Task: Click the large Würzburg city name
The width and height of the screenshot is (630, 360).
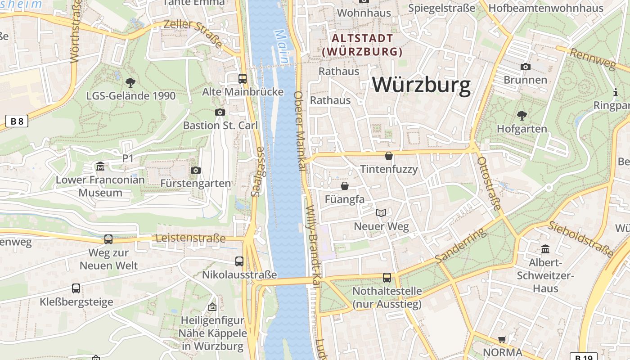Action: pyautogui.click(x=422, y=85)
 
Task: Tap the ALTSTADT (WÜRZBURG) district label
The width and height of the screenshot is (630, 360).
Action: pyautogui.click(x=362, y=45)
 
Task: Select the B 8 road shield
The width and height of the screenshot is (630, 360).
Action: pyautogui.click(x=17, y=121)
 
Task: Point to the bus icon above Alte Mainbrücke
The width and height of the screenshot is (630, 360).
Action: pyautogui.click(x=243, y=79)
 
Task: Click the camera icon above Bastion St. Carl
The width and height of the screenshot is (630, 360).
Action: pyautogui.click(x=220, y=112)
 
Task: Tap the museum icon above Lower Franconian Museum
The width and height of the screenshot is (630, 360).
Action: pyautogui.click(x=100, y=167)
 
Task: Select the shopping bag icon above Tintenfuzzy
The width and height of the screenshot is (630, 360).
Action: pyautogui.click(x=389, y=156)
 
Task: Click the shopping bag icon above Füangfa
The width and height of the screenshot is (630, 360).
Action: pyautogui.click(x=345, y=186)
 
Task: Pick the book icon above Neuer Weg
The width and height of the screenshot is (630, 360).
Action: pyautogui.click(x=381, y=213)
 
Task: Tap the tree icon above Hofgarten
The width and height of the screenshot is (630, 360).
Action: pyautogui.click(x=522, y=116)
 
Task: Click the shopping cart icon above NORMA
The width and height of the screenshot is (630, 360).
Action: pyautogui.click(x=502, y=339)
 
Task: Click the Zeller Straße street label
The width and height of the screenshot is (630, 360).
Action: pyautogui.click(x=193, y=34)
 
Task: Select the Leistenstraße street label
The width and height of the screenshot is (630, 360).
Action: pyautogui.click(x=190, y=238)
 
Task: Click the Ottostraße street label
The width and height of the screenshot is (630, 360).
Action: pyautogui.click(x=489, y=184)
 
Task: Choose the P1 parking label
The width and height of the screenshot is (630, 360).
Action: pyautogui.click(x=128, y=158)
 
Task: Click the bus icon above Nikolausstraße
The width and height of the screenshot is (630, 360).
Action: pyautogui.click(x=239, y=261)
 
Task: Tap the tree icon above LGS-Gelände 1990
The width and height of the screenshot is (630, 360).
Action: pyautogui.click(x=130, y=83)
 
